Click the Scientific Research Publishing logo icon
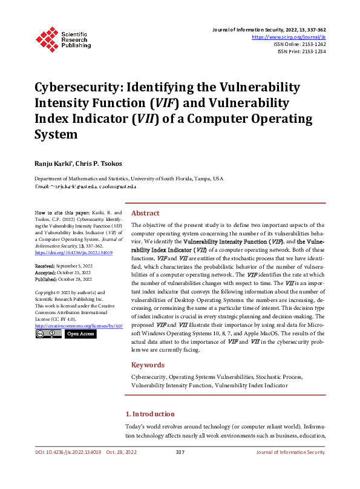[x=46, y=38]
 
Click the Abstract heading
[x=145, y=213]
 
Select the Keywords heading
[x=148, y=365]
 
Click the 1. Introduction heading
[x=149, y=414]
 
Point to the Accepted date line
[x=62, y=273]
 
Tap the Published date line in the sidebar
[x=63, y=280]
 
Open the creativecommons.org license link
[x=78, y=326]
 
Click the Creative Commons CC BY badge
[x=48, y=334]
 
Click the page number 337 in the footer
[x=180, y=452]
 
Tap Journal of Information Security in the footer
[x=290, y=452]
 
